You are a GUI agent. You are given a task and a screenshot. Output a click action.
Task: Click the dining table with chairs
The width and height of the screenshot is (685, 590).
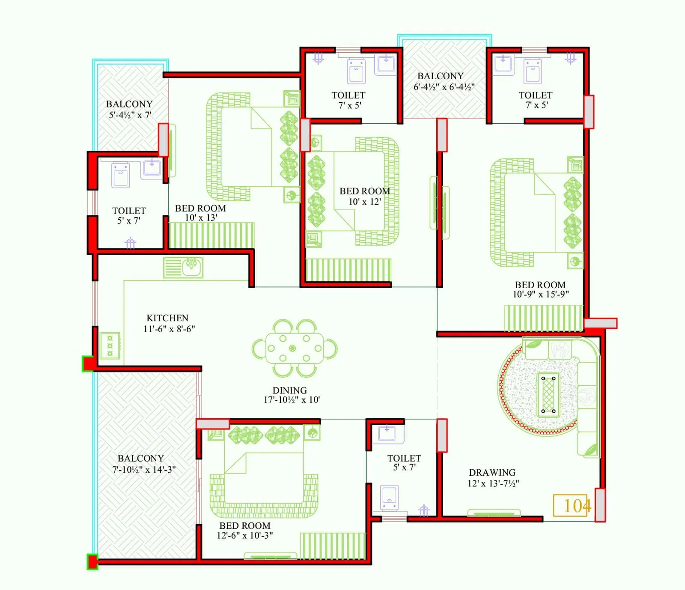294,348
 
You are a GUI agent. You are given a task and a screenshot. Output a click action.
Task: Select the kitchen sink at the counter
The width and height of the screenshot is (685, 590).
183,268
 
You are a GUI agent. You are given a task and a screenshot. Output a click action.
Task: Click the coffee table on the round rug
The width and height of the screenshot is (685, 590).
548,394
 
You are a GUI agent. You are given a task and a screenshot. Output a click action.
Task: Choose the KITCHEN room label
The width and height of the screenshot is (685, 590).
167,318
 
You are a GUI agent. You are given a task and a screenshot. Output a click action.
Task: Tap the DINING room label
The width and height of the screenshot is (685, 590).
290,390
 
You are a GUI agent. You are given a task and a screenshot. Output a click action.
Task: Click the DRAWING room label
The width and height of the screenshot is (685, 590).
492,473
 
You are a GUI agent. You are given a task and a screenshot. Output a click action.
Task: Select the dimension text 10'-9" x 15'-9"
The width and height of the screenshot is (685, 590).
541,294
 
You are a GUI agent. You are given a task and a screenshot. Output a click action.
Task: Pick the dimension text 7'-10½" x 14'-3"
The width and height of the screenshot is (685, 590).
144,470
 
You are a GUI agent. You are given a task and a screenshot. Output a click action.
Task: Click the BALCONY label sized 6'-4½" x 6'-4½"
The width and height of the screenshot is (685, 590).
441,76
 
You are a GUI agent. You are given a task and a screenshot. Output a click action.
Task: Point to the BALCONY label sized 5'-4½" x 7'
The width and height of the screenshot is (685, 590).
129,104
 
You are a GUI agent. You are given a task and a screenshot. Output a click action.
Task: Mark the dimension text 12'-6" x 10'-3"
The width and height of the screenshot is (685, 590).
245,535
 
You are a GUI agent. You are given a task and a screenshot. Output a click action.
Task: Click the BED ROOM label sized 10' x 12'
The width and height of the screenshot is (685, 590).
365,191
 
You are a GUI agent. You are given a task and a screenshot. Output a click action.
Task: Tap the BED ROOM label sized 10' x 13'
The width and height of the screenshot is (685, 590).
200,209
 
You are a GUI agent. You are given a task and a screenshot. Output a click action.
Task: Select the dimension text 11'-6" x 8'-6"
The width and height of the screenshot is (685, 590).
169,329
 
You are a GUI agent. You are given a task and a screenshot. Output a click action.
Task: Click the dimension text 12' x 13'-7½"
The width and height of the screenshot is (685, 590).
493,483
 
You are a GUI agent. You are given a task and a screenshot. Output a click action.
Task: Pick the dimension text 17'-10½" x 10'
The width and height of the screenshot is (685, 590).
292,400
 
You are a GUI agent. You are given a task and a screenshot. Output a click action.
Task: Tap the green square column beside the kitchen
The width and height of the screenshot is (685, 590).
89,364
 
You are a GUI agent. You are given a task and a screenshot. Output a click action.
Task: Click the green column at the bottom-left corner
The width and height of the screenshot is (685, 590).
92,562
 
